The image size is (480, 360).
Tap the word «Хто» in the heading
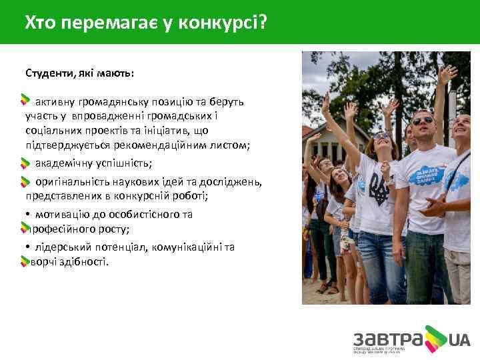pos(41,24)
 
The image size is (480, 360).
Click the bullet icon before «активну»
pos(25,101)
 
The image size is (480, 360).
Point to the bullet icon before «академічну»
pos(25,163)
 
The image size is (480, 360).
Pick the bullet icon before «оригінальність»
pos(25,182)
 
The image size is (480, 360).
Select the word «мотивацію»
pos(63,215)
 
